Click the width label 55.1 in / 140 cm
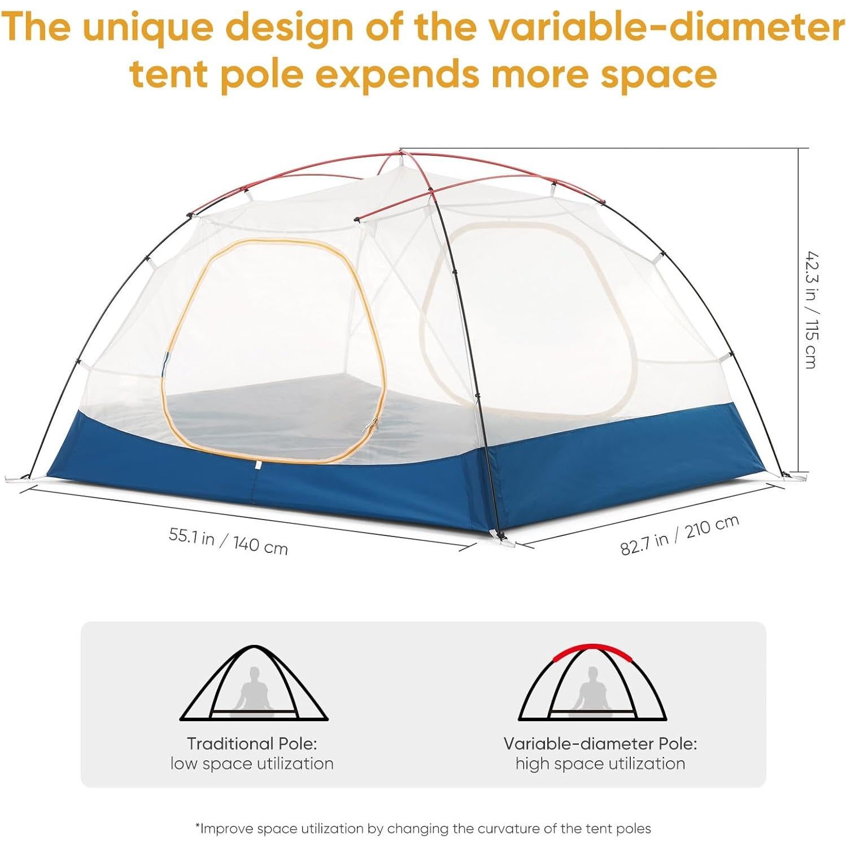tap(228, 541)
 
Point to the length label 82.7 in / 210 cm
tap(679, 535)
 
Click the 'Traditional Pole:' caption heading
tap(252, 743)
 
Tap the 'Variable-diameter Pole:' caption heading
tap(600, 743)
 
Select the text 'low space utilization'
tap(252, 764)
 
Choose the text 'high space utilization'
tap(600, 764)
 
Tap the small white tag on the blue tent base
tap(258, 465)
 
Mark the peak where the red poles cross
tap(401, 152)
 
